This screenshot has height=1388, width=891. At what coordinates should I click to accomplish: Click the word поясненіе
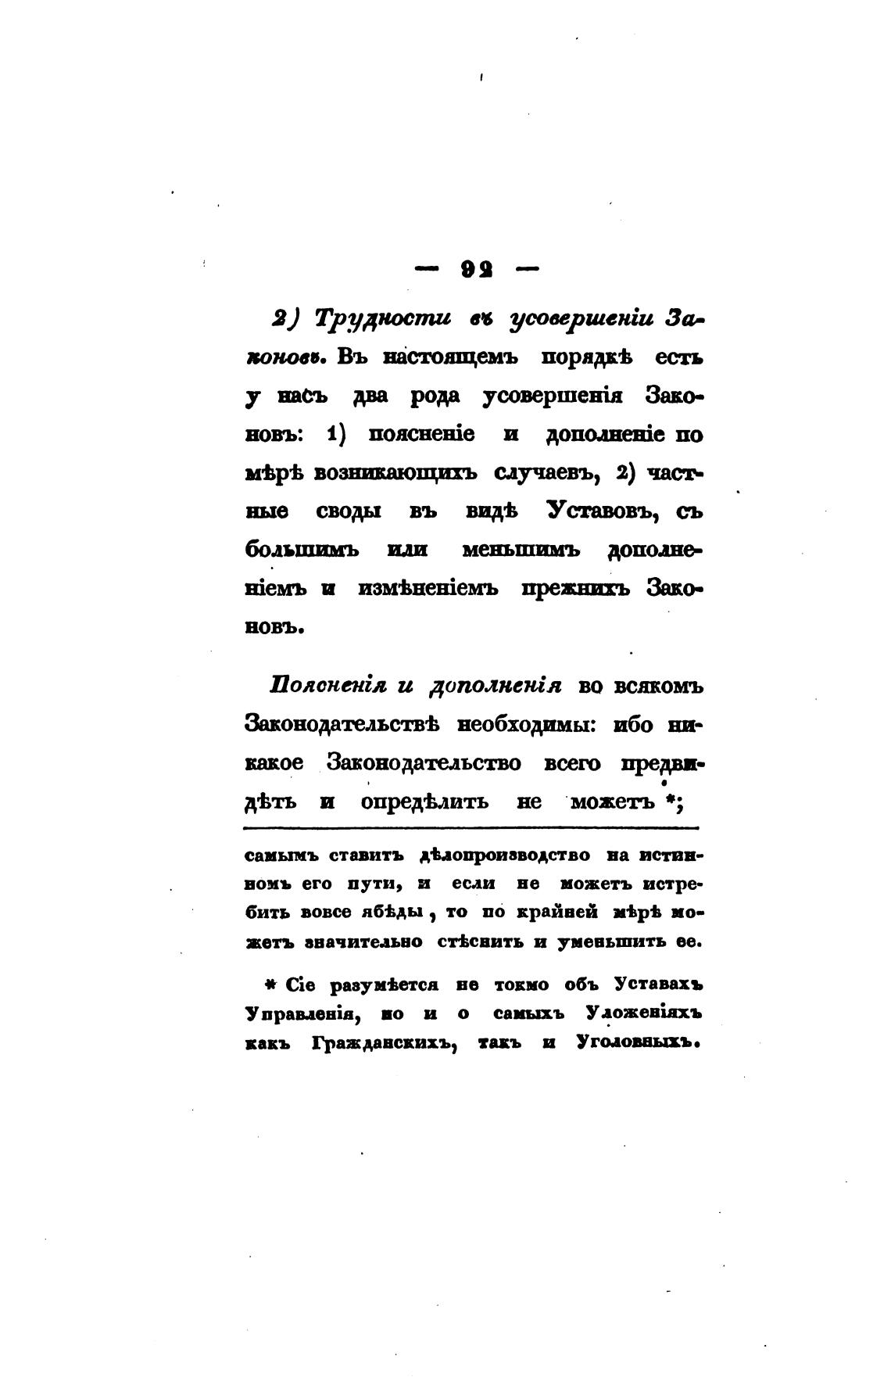coord(421,434)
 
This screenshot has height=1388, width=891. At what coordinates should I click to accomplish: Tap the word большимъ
coord(301,550)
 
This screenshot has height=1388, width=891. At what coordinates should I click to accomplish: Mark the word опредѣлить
coord(426,802)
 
